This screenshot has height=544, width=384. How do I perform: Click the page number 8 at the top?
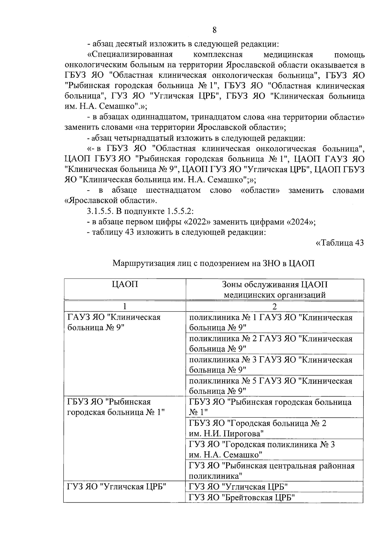pyautogui.click(x=214, y=30)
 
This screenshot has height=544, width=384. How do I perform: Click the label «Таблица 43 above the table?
pyautogui.click(x=340, y=243)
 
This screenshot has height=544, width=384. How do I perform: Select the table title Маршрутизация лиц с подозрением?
pyautogui.click(x=214, y=264)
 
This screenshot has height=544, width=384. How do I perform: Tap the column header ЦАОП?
pyautogui.click(x=125, y=284)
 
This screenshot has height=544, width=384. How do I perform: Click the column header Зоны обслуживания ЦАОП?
pyautogui.click(x=275, y=289)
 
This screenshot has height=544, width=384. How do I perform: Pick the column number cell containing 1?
pyautogui.click(x=125, y=306)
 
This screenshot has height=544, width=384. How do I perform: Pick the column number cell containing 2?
pyautogui.click(x=275, y=306)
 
